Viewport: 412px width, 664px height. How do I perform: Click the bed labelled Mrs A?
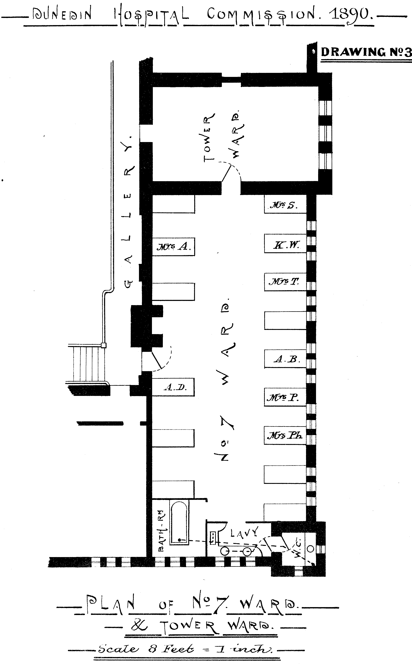pos(173,247)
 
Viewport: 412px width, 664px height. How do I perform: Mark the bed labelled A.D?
pos(173,387)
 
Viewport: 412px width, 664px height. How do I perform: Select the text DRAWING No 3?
pos(366,52)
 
